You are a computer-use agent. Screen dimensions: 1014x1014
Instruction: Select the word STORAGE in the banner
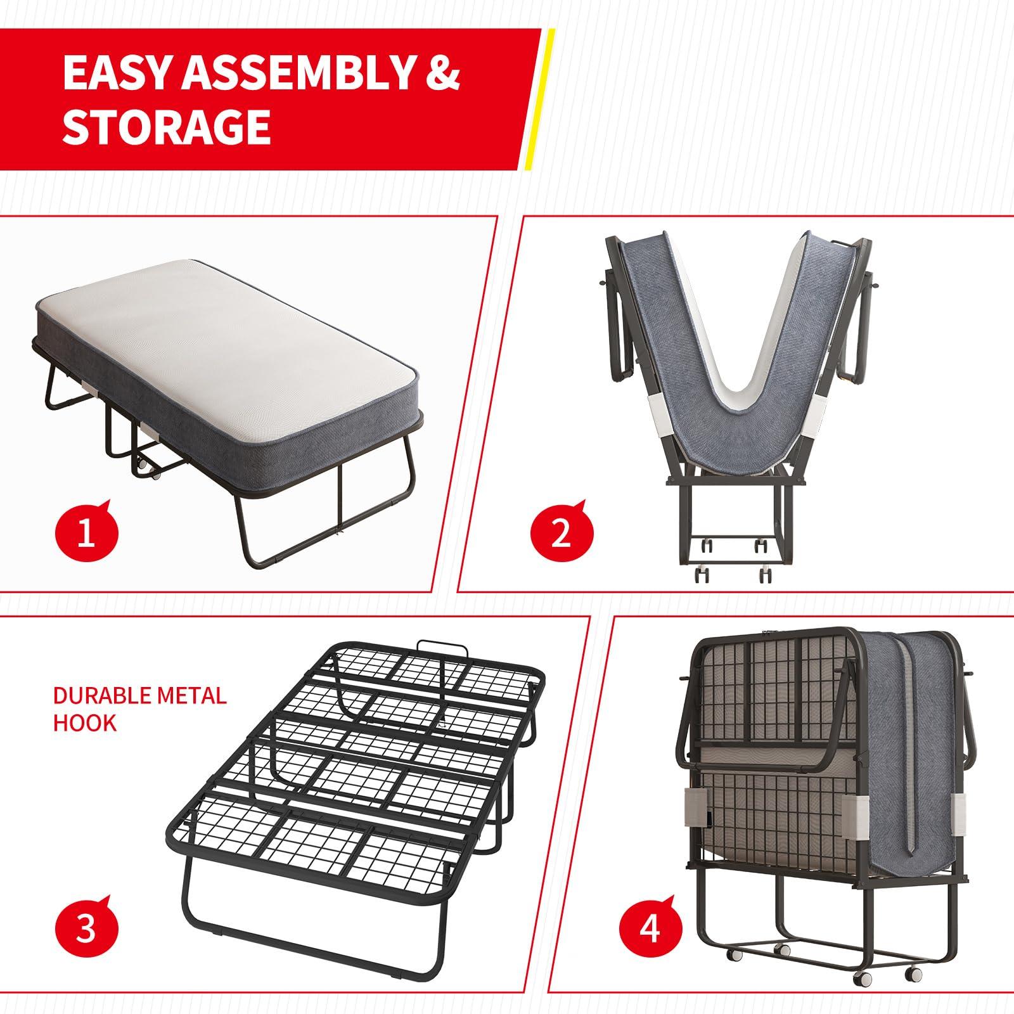point(167,127)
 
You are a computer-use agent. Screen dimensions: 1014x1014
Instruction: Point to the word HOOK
point(84,722)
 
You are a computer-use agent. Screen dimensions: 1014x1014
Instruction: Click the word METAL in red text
point(189,696)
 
